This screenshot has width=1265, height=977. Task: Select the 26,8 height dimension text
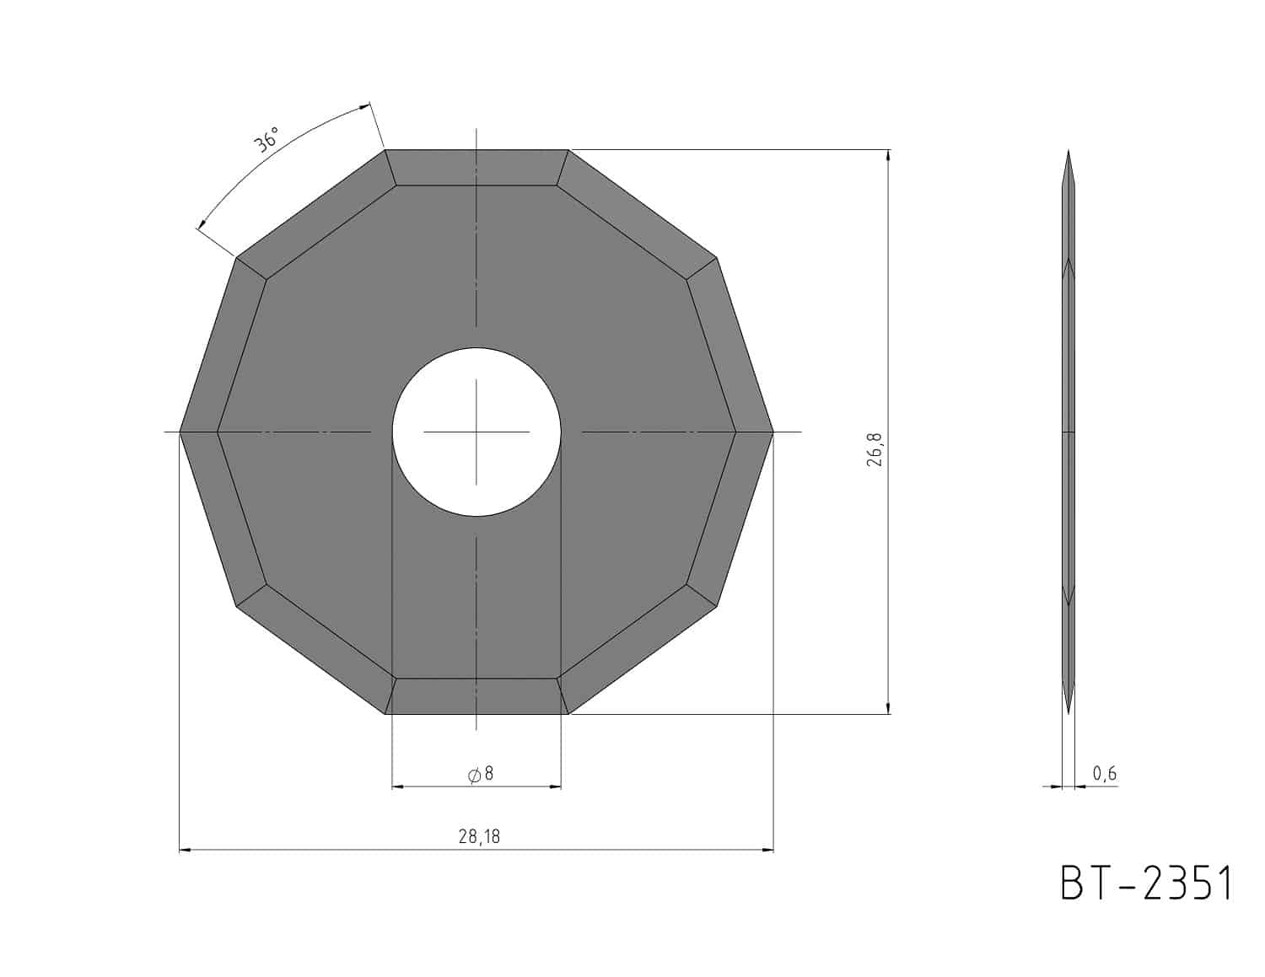coord(875,449)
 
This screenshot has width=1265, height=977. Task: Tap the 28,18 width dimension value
coord(479,836)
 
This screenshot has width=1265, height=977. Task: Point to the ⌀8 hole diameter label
coord(481,773)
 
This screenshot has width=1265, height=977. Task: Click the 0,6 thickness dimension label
coord(1104,773)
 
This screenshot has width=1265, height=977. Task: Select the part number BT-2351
coord(1145,883)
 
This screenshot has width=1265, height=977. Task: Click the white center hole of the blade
coord(476,432)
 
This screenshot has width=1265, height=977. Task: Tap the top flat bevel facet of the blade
coord(476,168)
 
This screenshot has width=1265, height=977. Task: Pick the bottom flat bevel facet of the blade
coord(476,696)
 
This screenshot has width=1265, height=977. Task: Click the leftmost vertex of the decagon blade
coord(180,432)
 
